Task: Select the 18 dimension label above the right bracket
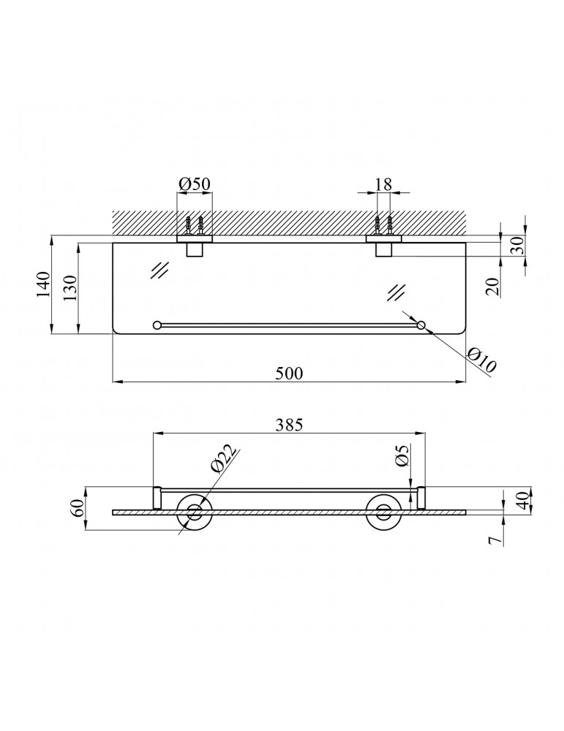tap(383, 183)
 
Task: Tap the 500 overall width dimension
tap(289, 373)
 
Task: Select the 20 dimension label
tap(492, 287)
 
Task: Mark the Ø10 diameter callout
tap(482, 360)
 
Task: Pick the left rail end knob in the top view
tap(157, 325)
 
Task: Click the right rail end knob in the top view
tap(421, 325)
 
